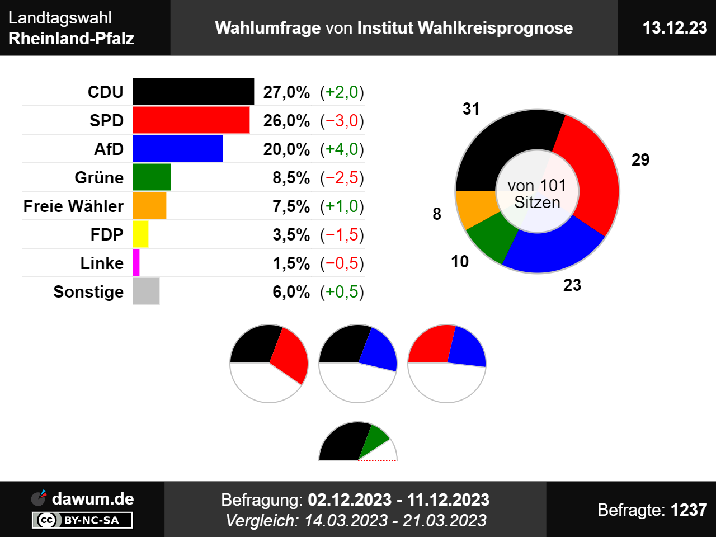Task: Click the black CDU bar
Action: pyautogui.click(x=193, y=92)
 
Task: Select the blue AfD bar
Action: pyautogui.click(x=177, y=149)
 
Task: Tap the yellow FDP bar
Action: pyautogui.click(x=140, y=234)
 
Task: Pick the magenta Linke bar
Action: pyautogui.click(x=136, y=263)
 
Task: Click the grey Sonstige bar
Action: pyautogui.click(x=146, y=291)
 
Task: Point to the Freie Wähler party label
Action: pyautogui.click(x=73, y=206)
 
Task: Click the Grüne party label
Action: pyautogui.click(x=99, y=178)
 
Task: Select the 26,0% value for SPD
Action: pyautogui.click(x=286, y=121)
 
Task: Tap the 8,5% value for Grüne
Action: pyautogui.click(x=291, y=178)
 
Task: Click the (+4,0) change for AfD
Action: pyautogui.click(x=342, y=149)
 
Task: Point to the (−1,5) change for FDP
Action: pyautogui.click(x=342, y=235)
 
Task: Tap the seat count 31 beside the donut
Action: pyautogui.click(x=471, y=109)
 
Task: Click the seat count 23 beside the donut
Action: pyautogui.click(x=572, y=285)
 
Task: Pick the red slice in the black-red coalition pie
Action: pyautogui.click(x=290, y=356)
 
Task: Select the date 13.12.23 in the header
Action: pyautogui.click(x=675, y=28)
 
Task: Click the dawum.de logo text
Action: pyautogui.click(x=92, y=499)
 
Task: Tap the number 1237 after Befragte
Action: pyautogui.click(x=689, y=510)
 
